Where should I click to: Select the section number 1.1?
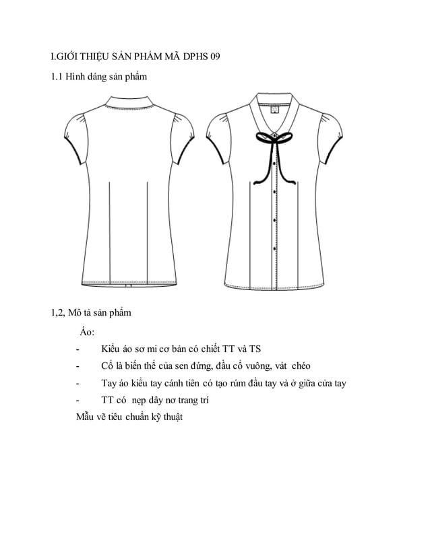click(x=58, y=77)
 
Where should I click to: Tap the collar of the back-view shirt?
click(x=129, y=103)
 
